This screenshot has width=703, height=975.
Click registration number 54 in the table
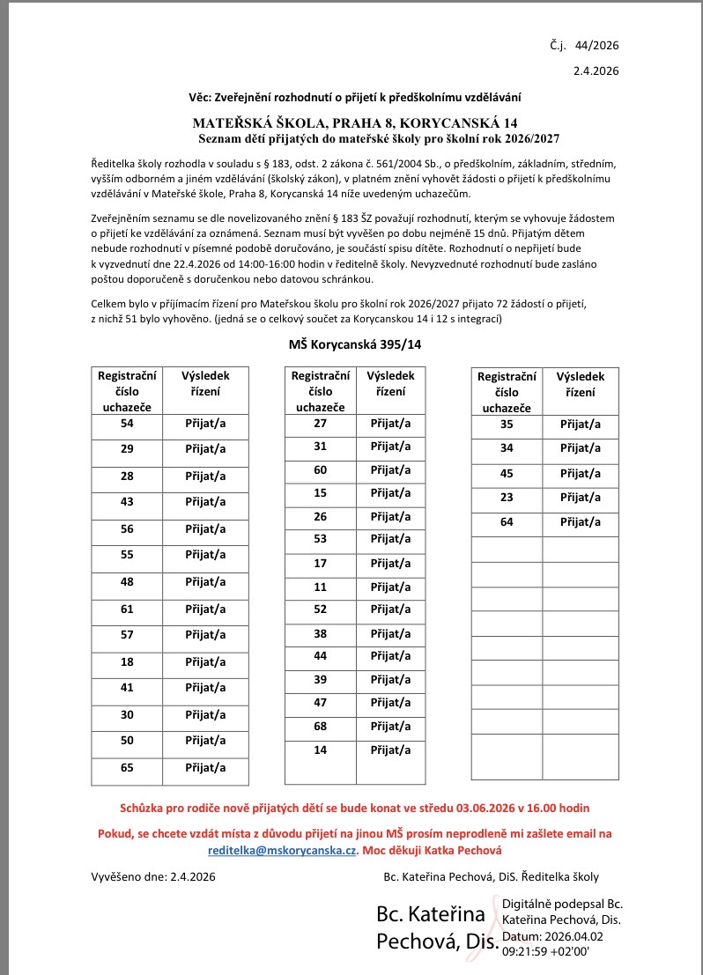pos(126,424)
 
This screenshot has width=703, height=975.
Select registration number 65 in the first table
pos(126,767)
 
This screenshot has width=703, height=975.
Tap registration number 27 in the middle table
pos(321,424)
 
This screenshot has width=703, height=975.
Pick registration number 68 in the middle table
pos(321,727)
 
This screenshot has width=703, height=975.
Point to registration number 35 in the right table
pos(507,425)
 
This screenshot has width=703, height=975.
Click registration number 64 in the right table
pos(507,522)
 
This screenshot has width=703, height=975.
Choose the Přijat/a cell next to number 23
pos(581,498)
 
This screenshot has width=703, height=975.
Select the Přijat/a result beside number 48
pos(205,581)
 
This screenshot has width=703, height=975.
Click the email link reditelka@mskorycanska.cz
pos(282,851)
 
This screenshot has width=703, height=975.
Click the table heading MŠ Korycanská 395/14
pos(355,344)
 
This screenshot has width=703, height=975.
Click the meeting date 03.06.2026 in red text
pos(489,808)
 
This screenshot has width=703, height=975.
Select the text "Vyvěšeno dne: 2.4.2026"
pos(153,876)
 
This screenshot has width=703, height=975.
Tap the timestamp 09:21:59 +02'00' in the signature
pos(545,951)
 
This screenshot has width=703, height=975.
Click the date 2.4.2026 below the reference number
pos(597,70)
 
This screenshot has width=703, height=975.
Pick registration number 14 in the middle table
pos(321,750)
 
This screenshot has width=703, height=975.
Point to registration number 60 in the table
pos(321,469)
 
